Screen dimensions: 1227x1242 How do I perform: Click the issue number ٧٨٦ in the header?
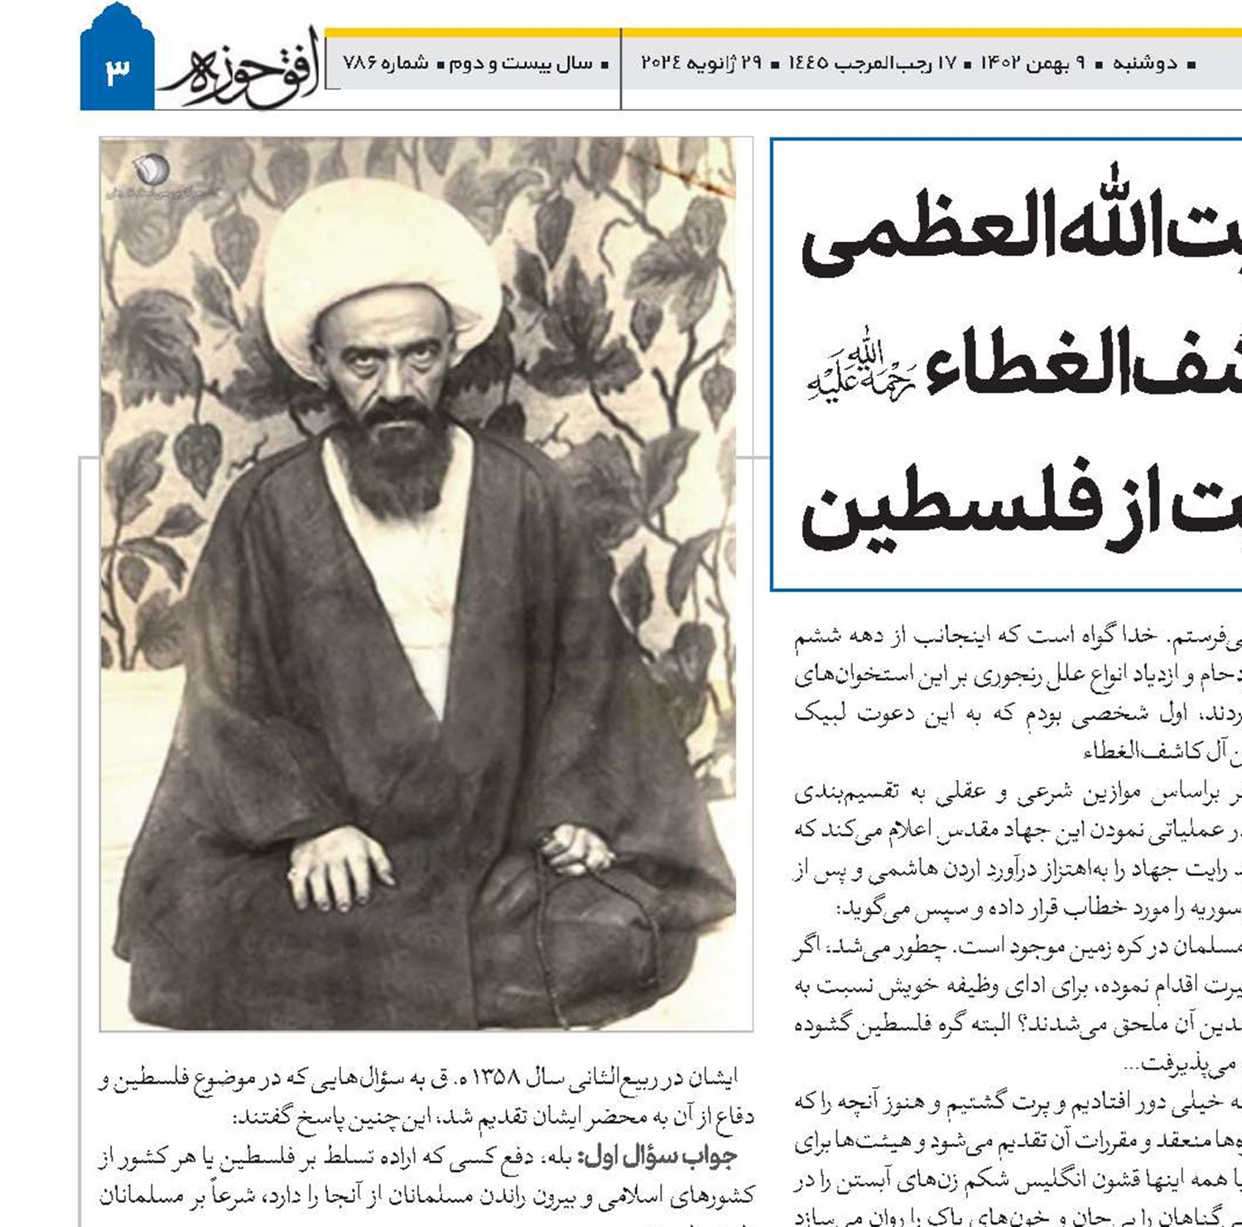point(360,63)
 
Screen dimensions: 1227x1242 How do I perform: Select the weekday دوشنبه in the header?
point(1143,63)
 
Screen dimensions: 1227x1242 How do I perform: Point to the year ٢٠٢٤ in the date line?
point(661,63)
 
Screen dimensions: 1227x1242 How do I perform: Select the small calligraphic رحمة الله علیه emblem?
point(861,373)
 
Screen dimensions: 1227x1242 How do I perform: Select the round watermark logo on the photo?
point(152,170)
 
